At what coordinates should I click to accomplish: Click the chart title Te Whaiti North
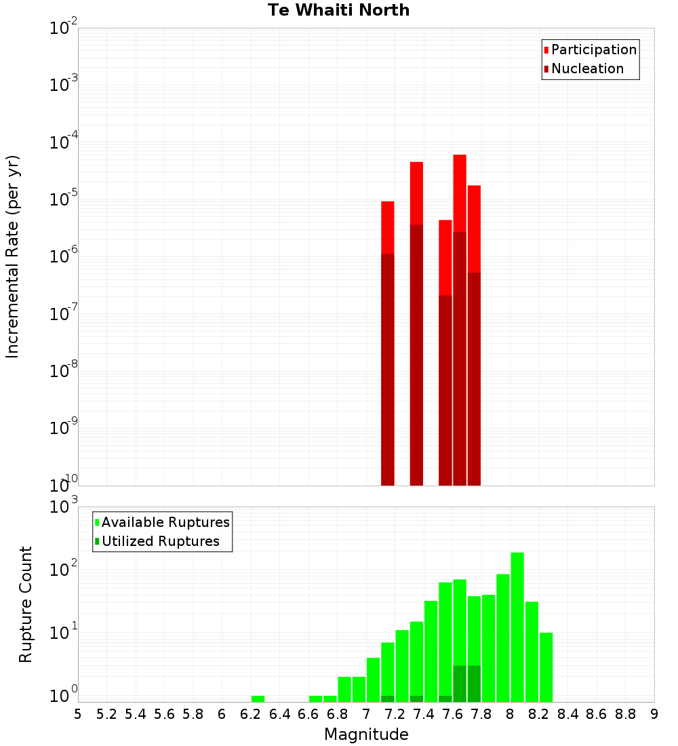pos(338,10)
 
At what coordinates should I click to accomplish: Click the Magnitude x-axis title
pos(366,734)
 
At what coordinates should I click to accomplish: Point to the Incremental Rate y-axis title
pos(13,256)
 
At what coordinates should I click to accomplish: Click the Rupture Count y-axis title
pos(26,604)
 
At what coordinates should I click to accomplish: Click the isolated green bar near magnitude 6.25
pos(258,699)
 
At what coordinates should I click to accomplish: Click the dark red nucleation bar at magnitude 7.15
pos(388,370)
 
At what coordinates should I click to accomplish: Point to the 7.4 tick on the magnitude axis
pos(424,714)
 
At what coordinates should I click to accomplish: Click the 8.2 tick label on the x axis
pos(539,714)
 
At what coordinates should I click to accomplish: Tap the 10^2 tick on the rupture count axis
pos(64,569)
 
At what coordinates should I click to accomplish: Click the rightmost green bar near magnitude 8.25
pos(546,667)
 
